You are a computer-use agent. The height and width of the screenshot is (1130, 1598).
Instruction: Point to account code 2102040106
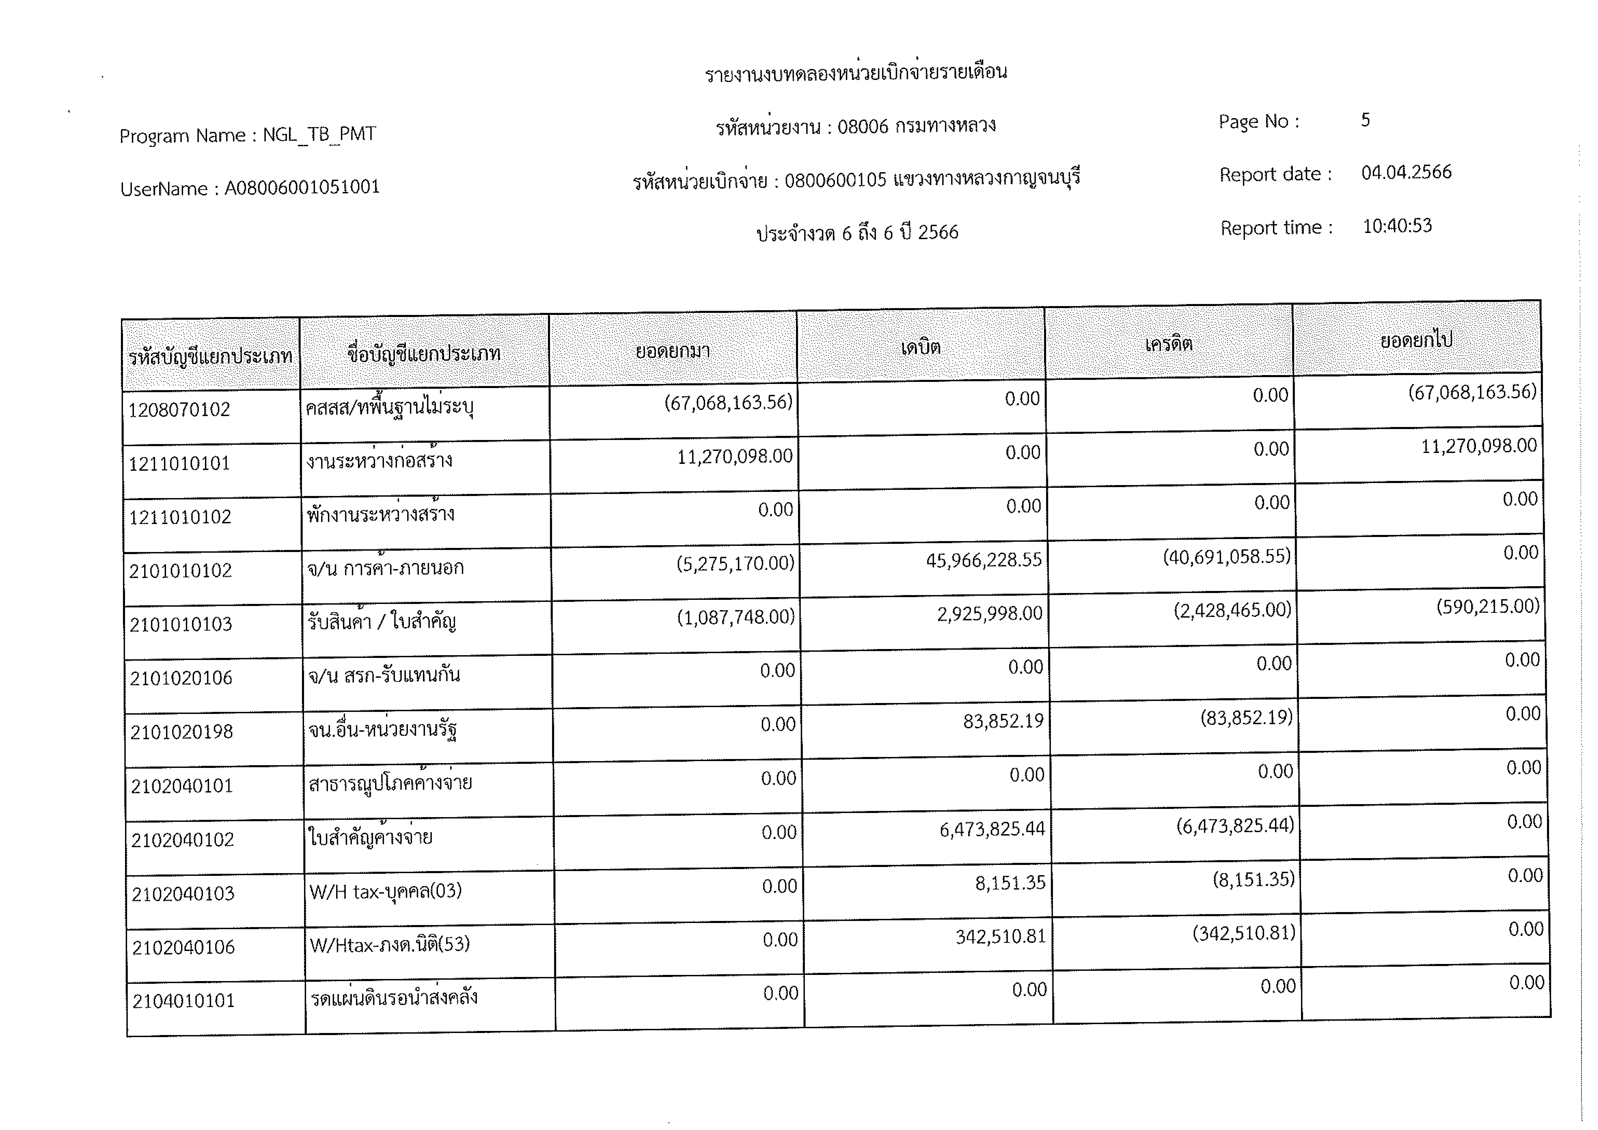click(184, 947)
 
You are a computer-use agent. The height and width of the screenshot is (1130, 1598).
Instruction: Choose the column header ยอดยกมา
click(672, 351)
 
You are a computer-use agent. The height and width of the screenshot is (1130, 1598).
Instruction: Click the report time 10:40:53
click(1397, 226)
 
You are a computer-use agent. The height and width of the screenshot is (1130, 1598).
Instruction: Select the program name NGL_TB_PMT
click(320, 134)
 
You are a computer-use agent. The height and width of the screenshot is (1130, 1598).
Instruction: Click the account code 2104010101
click(184, 1001)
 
